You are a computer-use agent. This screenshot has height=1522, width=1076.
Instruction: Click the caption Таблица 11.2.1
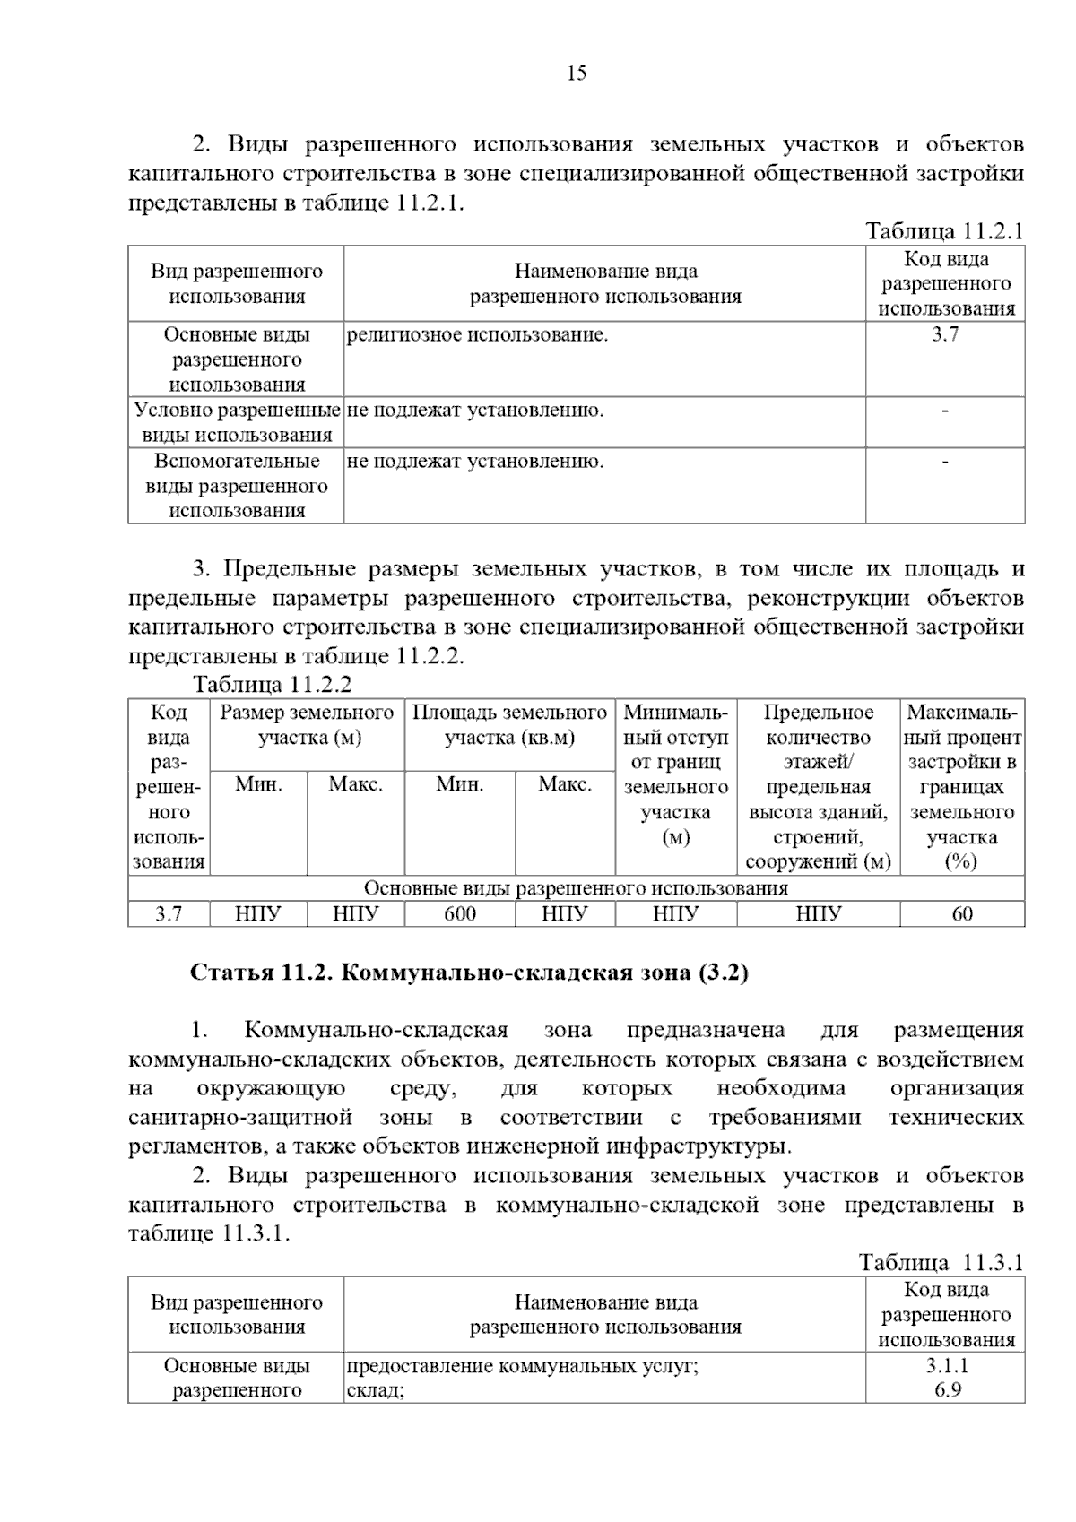[x=944, y=231]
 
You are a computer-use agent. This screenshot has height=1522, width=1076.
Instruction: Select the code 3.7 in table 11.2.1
[x=945, y=335]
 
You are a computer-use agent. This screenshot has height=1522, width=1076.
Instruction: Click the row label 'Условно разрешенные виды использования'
[x=237, y=422]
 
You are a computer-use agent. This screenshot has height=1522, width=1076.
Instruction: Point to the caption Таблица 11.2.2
[x=273, y=685]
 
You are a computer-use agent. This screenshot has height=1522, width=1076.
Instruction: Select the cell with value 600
[x=460, y=913]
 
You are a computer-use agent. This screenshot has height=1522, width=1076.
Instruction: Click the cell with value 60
[x=961, y=913]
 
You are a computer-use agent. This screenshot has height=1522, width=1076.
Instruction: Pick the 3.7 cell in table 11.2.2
[x=169, y=913]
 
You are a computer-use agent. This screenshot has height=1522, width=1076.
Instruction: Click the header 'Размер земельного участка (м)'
[x=308, y=725]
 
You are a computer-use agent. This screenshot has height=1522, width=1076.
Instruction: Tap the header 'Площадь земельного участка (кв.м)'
[x=509, y=725]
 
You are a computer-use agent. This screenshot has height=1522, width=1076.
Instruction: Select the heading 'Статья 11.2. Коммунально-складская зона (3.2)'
[x=469, y=973]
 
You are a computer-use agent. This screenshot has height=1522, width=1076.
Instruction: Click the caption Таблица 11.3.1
[x=941, y=1263]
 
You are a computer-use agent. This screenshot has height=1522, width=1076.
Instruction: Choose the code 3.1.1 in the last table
[x=946, y=1366]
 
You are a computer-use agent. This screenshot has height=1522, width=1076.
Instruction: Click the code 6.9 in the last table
[x=946, y=1390]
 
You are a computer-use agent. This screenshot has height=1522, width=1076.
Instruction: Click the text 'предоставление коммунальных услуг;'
[x=522, y=1366]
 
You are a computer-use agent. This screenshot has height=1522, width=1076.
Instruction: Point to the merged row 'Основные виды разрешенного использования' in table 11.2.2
[x=576, y=888]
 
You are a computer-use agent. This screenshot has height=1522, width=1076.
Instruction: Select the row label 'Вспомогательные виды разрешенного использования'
[x=237, y=486]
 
